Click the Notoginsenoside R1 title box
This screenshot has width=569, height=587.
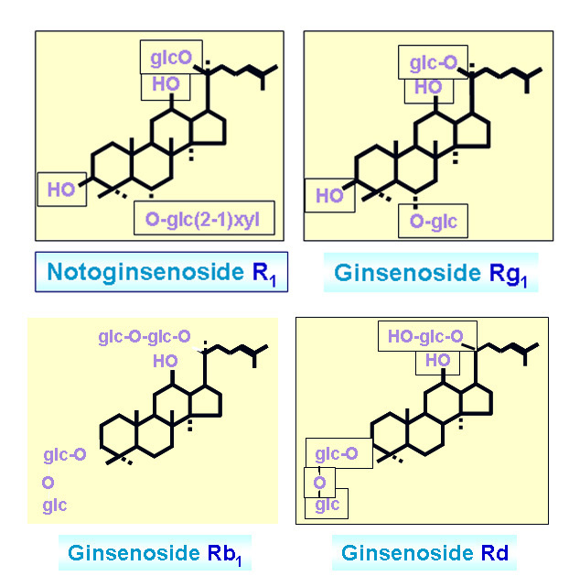coord(161,272)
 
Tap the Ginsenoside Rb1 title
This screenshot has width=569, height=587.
coord(158,553)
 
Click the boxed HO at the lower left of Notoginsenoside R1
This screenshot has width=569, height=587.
coord(61,190)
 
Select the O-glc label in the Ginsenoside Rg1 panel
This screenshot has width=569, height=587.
coord(433,221)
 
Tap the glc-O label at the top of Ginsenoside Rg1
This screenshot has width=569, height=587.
coord(433,63)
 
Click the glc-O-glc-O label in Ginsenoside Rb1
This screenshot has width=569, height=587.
coord(145,337)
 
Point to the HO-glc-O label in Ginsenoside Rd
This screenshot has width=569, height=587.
coord(424,336)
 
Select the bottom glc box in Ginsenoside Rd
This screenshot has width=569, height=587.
coord(327,505)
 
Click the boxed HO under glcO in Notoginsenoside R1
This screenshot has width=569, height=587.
coord(166,84)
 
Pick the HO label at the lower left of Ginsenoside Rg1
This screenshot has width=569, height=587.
coord(329,195)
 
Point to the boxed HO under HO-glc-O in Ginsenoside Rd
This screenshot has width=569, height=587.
coord(431,361)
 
